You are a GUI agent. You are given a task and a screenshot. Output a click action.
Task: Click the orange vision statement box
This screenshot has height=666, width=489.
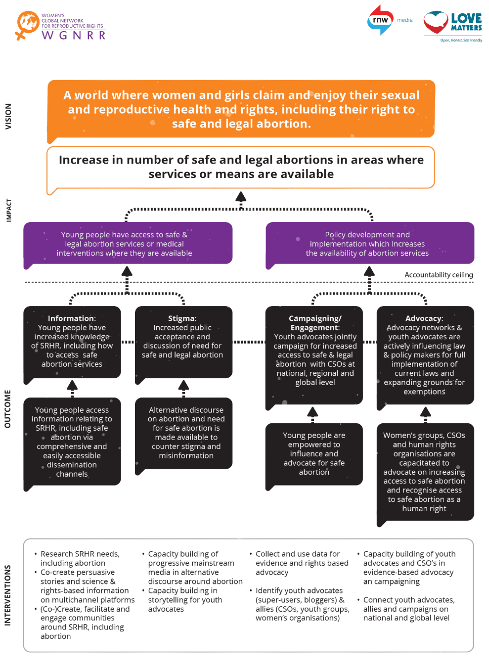241,109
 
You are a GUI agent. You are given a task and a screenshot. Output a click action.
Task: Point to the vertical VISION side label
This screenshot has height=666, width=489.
8,116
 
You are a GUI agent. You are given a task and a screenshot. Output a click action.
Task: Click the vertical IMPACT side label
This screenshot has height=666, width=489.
8,210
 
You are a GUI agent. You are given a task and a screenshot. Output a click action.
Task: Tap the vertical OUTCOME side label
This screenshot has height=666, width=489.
7,409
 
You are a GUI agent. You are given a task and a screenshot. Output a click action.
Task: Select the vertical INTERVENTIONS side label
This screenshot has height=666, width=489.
7,595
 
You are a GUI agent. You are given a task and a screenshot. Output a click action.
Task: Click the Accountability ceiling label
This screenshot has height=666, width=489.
439,275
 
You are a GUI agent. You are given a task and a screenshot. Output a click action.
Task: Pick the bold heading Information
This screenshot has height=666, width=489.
72,318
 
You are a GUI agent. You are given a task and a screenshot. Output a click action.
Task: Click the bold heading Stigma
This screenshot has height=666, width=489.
182,318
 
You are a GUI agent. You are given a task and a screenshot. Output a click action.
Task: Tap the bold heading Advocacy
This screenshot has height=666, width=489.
424,318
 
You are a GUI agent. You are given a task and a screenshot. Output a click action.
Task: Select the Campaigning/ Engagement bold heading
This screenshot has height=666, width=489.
315,323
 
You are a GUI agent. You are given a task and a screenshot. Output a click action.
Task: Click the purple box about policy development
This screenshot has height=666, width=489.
370,244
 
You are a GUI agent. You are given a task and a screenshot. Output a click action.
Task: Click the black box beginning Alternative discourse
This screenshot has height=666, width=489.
184,433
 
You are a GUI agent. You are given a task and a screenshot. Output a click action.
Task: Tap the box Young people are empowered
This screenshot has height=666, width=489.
314,453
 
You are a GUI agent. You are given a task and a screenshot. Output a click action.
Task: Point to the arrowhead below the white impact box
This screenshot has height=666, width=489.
241,197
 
